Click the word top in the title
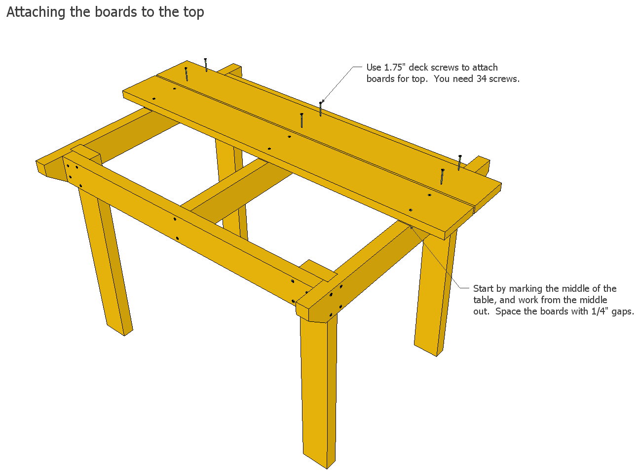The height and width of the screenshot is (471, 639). [x=194, y=13]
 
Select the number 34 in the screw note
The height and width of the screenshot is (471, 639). [x=481, y=79]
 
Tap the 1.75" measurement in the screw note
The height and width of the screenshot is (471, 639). [x=395, y=67]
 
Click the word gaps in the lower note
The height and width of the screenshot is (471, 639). [x=623, y=312]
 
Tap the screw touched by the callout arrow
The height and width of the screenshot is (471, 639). [x=320, y=109]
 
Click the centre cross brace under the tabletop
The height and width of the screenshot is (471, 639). [x=237, y=191]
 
